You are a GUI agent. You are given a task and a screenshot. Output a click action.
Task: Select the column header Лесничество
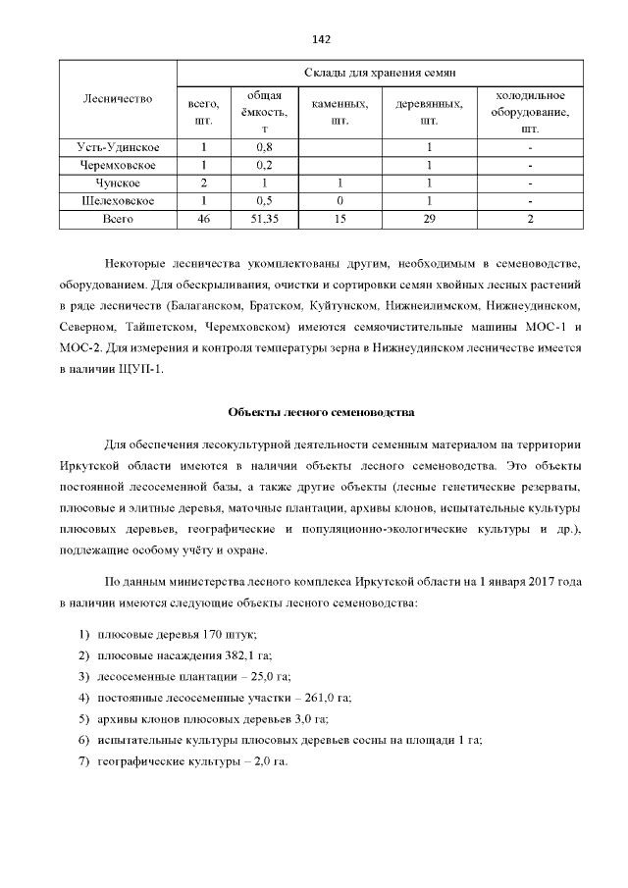pyautogui.click(x=118, y=99)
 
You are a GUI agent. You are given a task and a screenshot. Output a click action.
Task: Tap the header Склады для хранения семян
pyautogui.click(x=380, y=73)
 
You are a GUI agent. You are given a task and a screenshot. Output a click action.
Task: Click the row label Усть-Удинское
pyautogui.click(x=118, y=147)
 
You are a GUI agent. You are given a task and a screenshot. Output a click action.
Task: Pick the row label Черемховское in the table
pyautogui.click(x=118, y=165)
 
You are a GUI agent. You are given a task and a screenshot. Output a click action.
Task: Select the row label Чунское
pyautogui.click(x=118, y=183)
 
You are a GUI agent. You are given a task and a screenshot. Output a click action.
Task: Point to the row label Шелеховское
pyautogui.click(x=118, y=201)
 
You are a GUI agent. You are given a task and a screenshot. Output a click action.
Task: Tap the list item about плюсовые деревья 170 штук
pyautogui.click(x=177, y=635)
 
